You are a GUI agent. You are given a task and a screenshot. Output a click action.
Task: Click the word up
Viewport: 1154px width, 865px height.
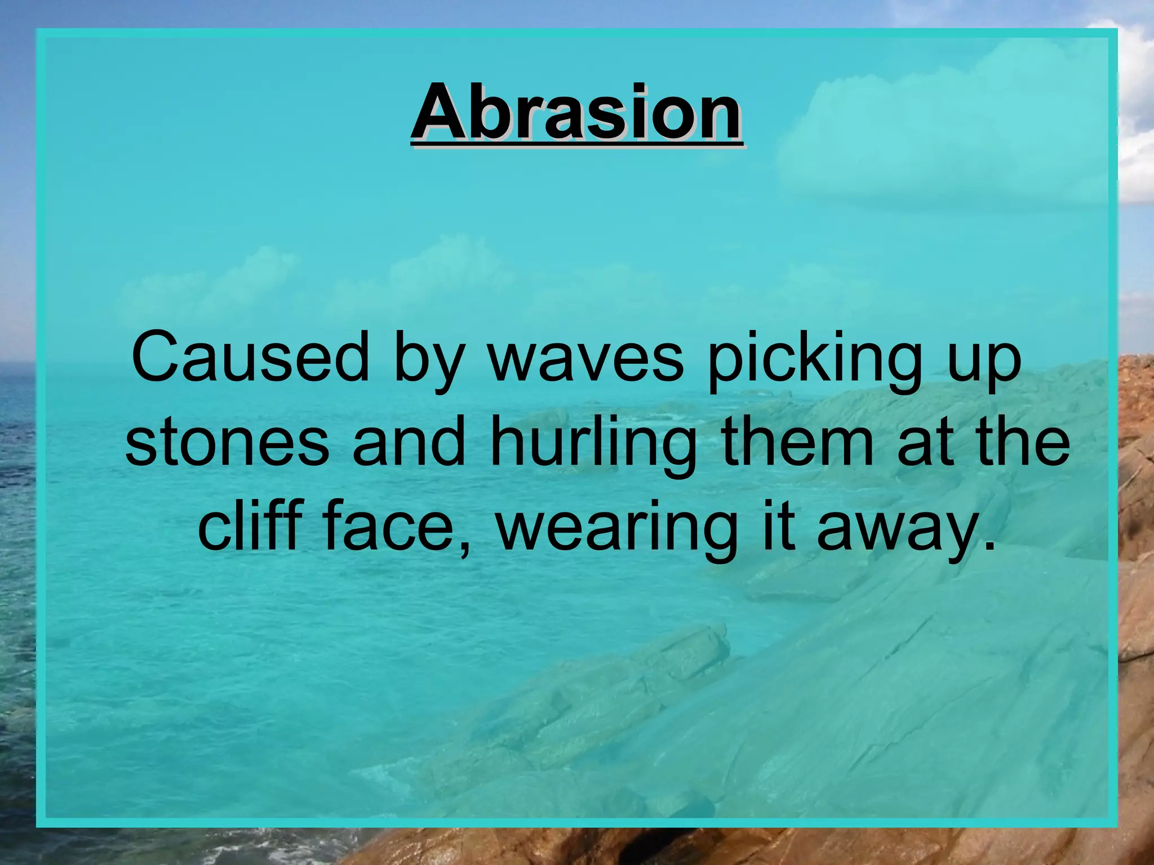point(984,363)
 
